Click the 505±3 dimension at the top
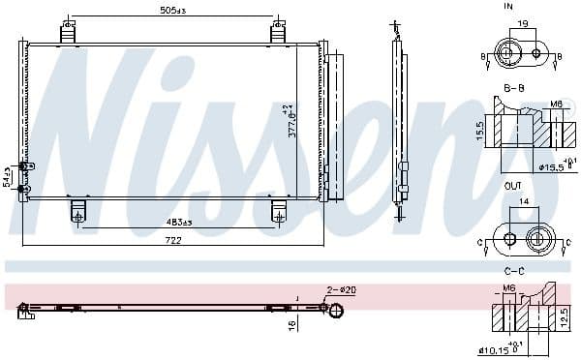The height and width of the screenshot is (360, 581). click(x=173, y=13)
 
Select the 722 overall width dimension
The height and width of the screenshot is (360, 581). click(x=173, y=239)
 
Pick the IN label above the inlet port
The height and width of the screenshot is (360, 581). click(x=508, y=7)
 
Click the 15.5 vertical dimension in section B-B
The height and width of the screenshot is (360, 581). click(x=481, y=128)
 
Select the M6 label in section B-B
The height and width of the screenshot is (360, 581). click(x=555, y=104)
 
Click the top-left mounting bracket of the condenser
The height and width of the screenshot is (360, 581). click(x=68, y=32)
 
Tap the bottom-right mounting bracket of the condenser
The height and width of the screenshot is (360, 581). click(x=279, y=210)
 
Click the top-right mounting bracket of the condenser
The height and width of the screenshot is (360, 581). click(x=279, y=32)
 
